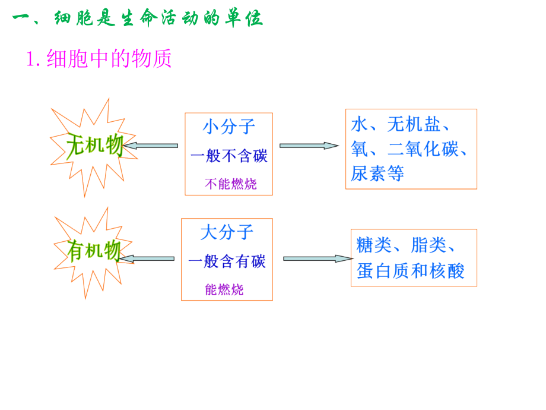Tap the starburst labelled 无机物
[94, 146]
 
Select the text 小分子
[228, 127]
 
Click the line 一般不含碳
[228, 156]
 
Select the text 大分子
[227, 232]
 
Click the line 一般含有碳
[227, 261]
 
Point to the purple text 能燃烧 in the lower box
[224, 290]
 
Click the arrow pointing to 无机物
[151, 146]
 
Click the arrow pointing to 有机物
[147, 258]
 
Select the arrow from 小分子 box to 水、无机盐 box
[309, 146]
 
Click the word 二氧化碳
[422, 149]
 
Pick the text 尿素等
[377, 174]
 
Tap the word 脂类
[428, 245]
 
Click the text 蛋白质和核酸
[411, 271]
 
